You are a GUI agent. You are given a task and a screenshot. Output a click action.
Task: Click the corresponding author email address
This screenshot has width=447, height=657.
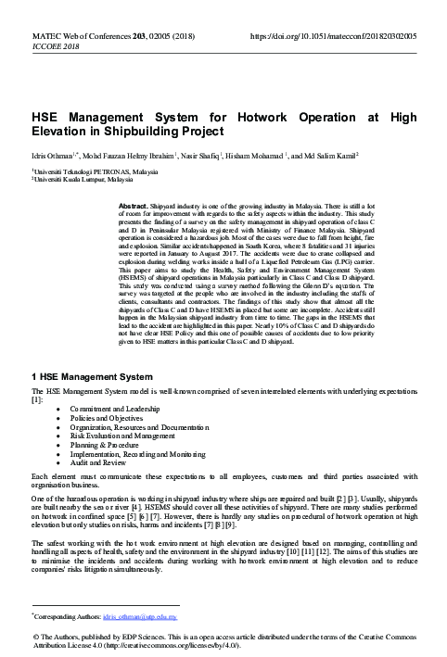tap(152, 614)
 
